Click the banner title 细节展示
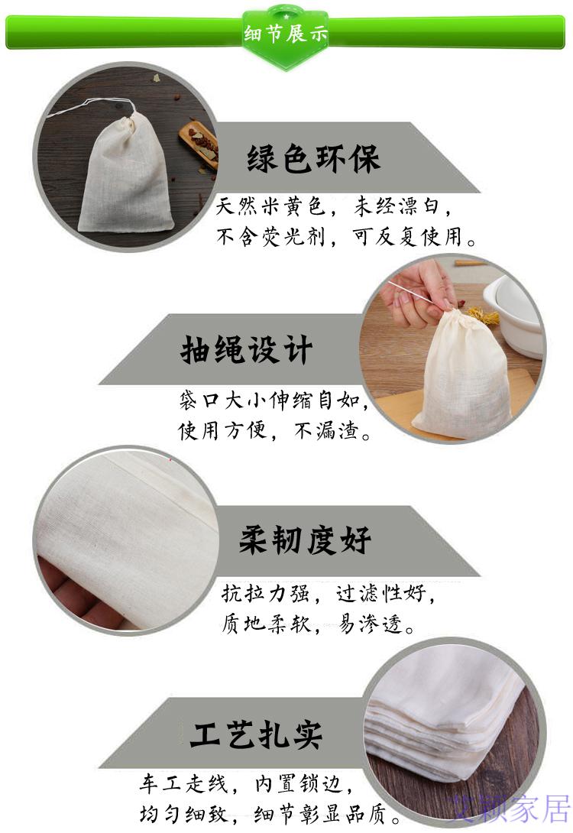click(x=286, y=34)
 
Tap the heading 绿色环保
click(x=313, y=160)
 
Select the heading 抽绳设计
click(x=246, y=351)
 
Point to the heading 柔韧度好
click(x=306, y=541)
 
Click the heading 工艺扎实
click(x=256, y=734)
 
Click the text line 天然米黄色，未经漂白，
click(x=335, y=206)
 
